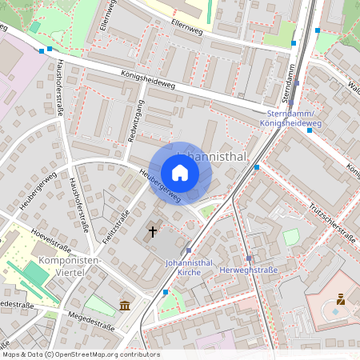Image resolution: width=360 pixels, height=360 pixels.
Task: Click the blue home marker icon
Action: (x=180, y=173)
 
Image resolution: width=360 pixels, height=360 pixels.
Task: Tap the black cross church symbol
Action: (x=152, y=232)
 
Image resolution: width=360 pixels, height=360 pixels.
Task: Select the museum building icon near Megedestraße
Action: (x=125, y=305)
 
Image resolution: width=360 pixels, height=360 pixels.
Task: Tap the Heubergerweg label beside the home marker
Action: (x=160, y=185)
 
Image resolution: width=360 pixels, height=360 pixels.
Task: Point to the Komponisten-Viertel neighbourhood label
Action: (x=69, y=266)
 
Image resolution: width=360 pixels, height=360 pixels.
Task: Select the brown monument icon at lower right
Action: (x=340, y=300)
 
